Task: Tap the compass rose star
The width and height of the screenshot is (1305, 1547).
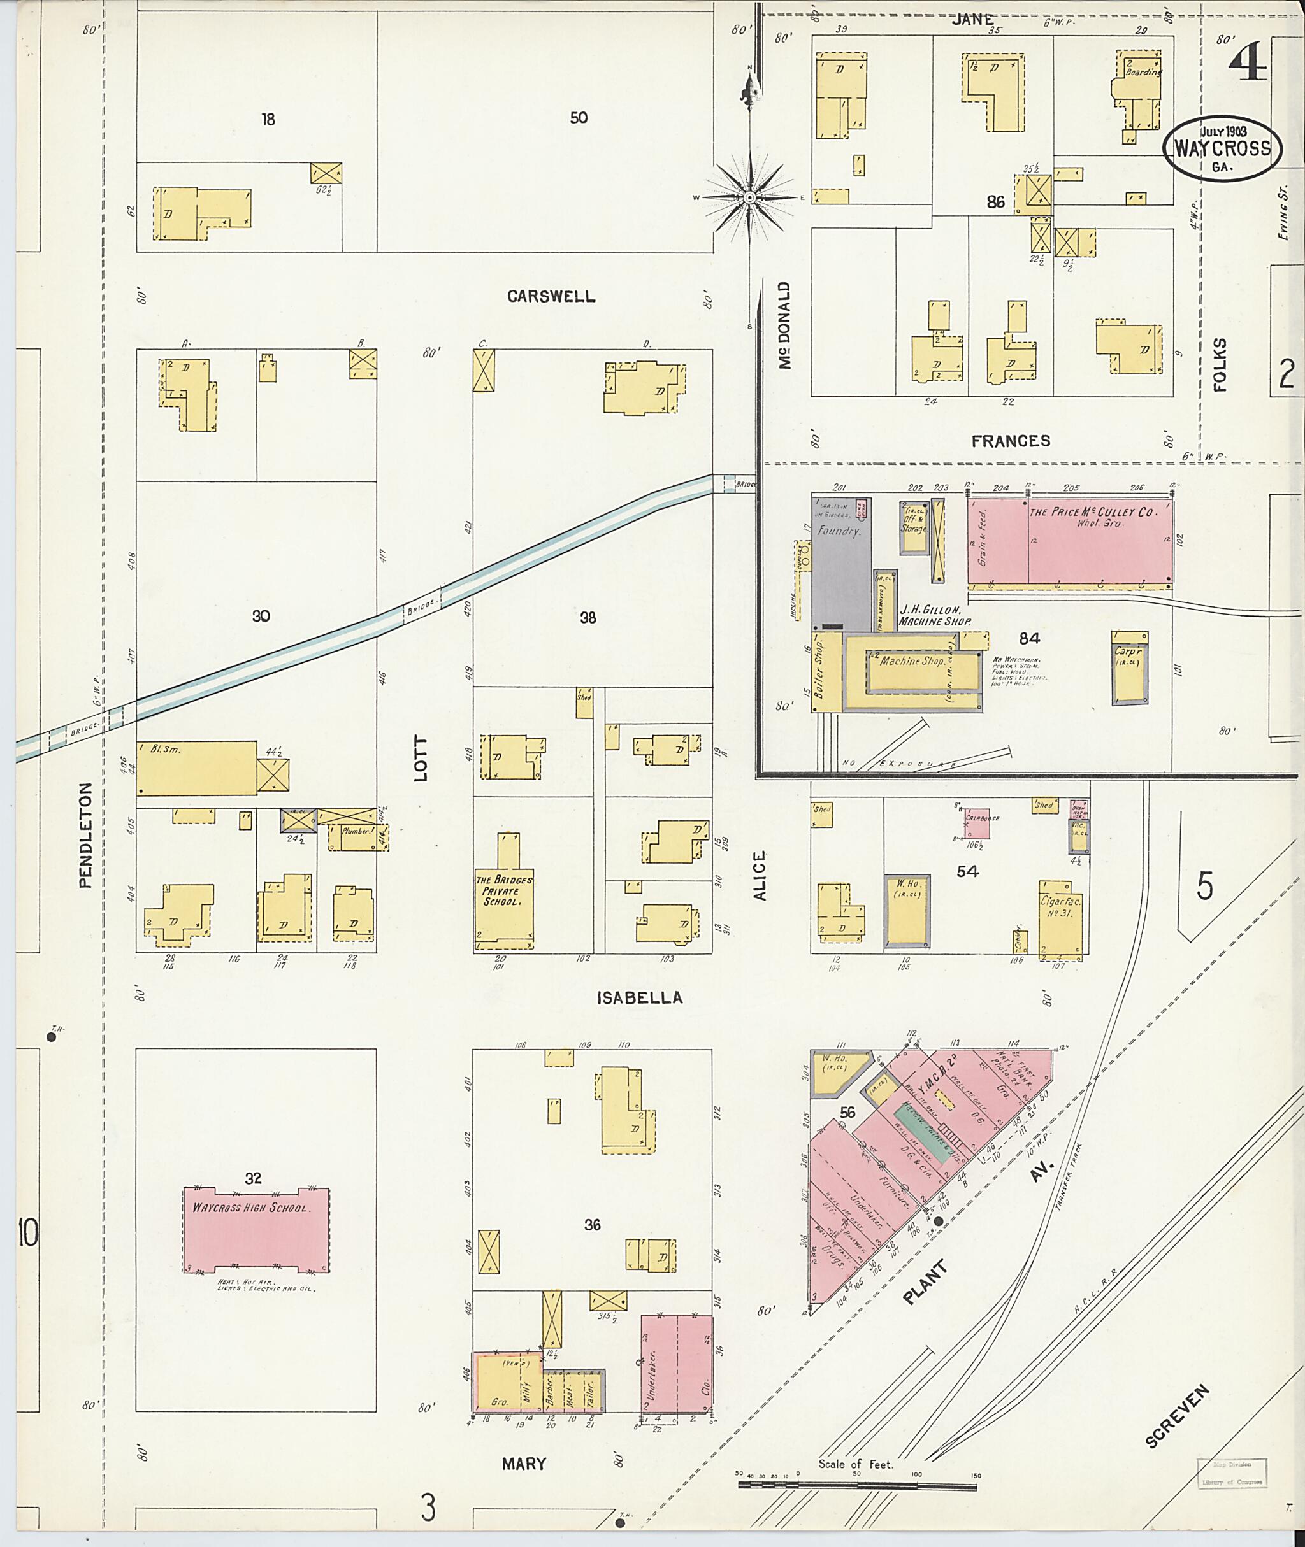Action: [x=749, y=197]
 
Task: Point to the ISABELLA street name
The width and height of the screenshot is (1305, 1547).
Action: [x=639, y=997]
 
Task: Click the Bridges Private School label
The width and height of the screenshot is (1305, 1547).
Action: [x=503, y=892]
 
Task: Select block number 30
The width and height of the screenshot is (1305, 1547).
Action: [x=261, y=615]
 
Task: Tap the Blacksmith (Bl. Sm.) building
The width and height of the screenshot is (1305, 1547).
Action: [x=196, y=767]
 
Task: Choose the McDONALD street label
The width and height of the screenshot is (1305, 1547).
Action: [x=785, y=325]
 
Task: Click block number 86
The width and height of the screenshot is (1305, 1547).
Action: [x=995, y=201]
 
